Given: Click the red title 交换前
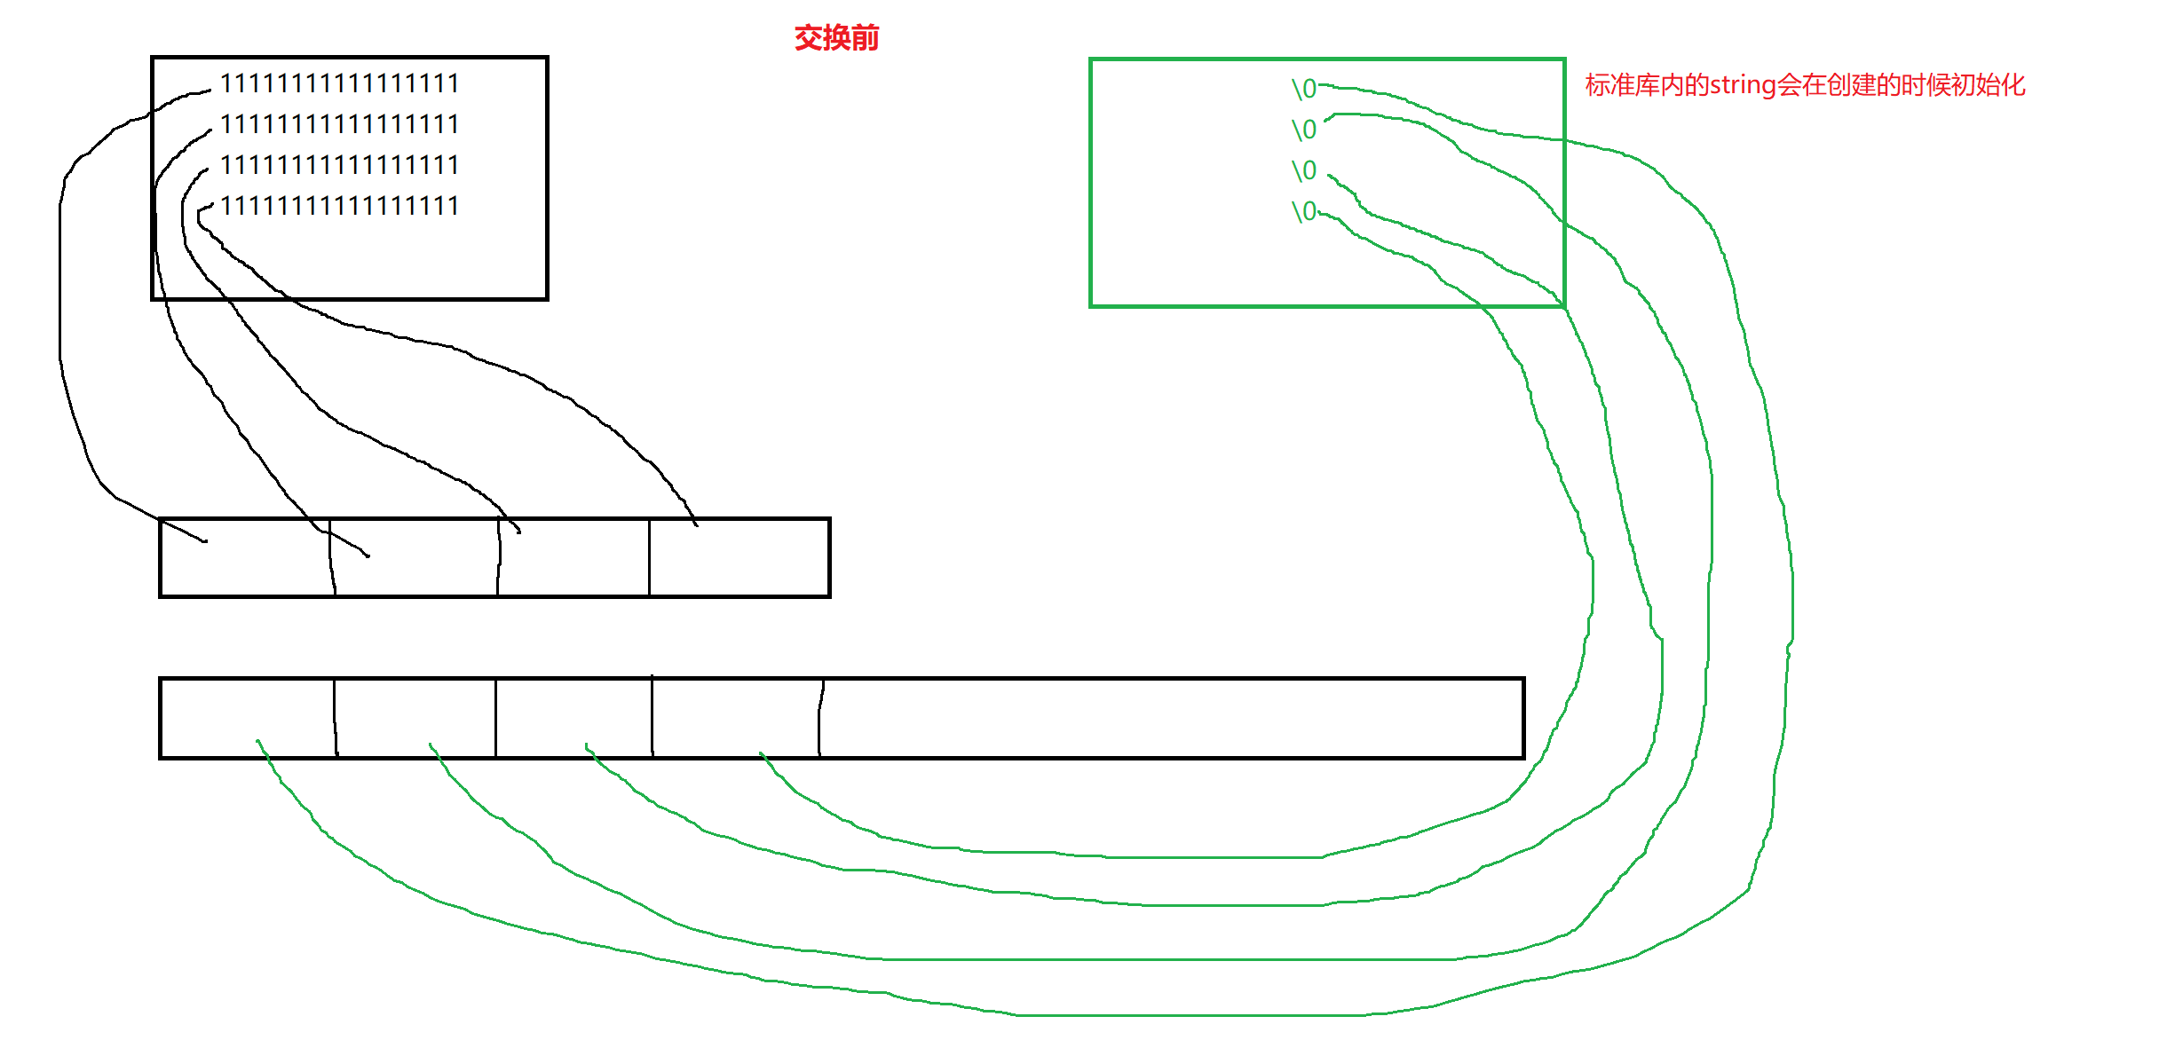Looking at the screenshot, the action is pyautogui.click(x=836, y=38).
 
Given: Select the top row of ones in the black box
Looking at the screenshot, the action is pyautogui.click(x=339, y=83).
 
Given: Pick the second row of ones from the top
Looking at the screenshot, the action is pyautogui.click(x=339, y=124).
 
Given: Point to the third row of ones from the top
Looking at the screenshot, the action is pyautogui.click(x=339, y=165).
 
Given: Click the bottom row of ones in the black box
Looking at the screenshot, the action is pyautogui.click(x=339, y=206).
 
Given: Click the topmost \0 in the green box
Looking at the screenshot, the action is pyautogui.click(x=1303, y=89).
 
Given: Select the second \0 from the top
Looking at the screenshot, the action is pyautogui.click(x=1303, y=130).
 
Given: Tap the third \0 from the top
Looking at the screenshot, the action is pyautogui.click(x=1303, y=170).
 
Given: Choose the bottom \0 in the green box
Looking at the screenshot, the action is pyautogui.click(x=1303, y=211).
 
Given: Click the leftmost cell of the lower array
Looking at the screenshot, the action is pyautogui.click(x=247, y=718).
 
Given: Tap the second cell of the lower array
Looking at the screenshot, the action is pyautogui.click(x=415, y=718).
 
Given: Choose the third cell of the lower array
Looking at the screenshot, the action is pyautogui.click(x=573, y=718).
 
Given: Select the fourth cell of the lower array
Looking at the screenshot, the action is pyautogui.click(x=736, y=718).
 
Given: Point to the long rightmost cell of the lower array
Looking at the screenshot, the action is pyautogui.click(x=1172, y=718).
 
